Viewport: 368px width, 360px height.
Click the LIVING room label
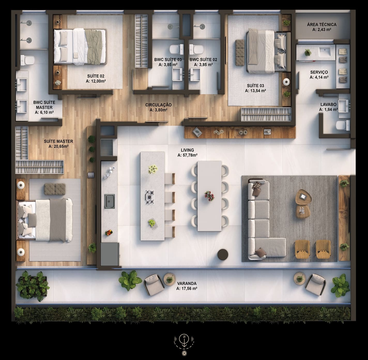point(187,150)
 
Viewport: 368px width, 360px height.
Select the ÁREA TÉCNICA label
point(322,25)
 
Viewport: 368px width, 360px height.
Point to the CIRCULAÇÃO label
point(158,105)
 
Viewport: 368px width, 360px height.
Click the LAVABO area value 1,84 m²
point(328,110)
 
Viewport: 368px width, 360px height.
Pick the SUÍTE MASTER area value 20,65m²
point(58,146)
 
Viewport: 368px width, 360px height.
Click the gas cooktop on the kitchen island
point(150,197)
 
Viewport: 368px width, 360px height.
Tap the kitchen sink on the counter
point(110,201)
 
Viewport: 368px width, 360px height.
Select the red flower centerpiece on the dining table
point(209,196)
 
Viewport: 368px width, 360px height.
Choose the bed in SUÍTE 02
point(80,46)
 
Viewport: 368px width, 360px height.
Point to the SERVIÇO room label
point(319,72)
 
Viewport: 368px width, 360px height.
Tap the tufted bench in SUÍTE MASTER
point(55,189)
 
